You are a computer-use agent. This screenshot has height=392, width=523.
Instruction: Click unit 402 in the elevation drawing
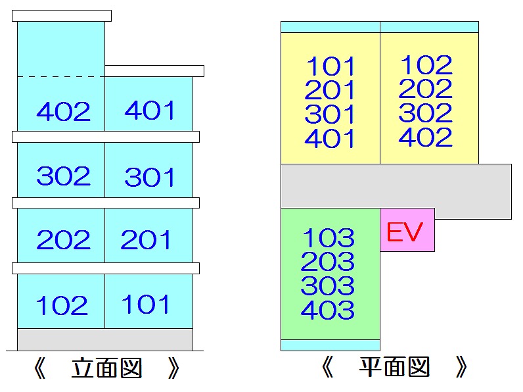(64, 112)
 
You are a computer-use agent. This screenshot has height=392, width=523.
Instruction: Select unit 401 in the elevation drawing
(150, 110)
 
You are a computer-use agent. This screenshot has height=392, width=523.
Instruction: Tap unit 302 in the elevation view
(64, 176)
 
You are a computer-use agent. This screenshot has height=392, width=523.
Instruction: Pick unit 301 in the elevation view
(150, 177)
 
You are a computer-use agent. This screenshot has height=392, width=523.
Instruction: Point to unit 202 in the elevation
(63, 240)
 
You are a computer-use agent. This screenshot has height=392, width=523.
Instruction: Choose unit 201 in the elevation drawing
(146, 240)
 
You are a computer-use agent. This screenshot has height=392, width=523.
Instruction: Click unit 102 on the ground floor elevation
(62, 306)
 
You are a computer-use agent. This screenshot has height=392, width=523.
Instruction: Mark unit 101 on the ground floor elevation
(146, 305)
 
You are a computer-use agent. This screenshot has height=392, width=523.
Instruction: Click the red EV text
(404, 232)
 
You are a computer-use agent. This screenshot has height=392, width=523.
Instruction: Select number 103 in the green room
(328, 237)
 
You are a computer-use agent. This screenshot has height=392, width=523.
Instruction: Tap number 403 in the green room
(328, 310)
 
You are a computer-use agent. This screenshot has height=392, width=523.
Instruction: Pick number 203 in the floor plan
(328, 262)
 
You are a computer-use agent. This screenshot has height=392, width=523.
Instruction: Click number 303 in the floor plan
(328, 286)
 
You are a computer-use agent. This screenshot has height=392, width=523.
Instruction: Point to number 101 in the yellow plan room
(330, 66)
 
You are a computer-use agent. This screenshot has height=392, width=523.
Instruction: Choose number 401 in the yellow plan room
(330, 139)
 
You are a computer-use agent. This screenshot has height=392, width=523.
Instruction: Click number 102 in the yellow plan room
(426, 64)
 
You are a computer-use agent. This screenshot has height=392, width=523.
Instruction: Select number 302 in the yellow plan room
(426, 113)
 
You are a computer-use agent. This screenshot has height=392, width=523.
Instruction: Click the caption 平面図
(395, 368)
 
